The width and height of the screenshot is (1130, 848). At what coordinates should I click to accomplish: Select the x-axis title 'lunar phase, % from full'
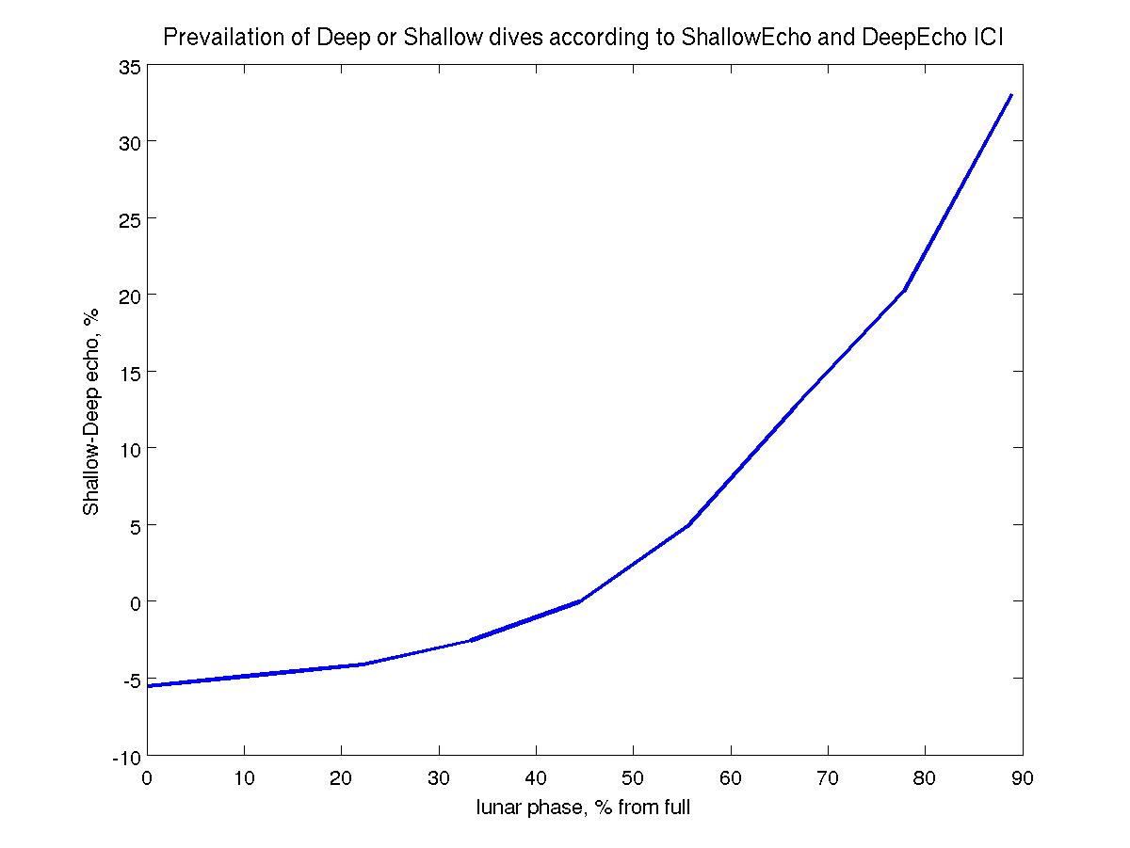[x=584, y=807]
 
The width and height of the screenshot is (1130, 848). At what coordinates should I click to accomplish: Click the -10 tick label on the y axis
[x=127, y=756]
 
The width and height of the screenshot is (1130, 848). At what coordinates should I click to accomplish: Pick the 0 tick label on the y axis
[x=136, y=601]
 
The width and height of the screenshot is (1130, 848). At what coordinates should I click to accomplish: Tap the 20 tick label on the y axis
[x=130, y=296]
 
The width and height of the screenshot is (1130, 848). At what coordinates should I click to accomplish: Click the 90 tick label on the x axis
[x=1023, y=777]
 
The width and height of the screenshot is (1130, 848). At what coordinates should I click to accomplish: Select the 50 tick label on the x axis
[x=633, y=777]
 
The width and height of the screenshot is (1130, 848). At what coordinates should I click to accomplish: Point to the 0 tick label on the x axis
[x=148, y=777]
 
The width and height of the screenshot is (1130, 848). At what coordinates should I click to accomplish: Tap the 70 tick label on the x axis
[x=828, y=777]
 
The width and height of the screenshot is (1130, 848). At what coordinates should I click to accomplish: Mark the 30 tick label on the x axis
[x=439, y=777]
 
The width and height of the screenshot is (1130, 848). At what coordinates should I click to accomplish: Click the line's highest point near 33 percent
[x=1010, y=95]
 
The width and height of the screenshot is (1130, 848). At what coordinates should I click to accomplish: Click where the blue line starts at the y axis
[x=149, y=686]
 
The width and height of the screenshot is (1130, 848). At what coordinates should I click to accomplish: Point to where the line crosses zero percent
[x=579, y=601]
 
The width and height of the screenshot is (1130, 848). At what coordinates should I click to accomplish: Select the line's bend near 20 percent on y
[x=904, y=290]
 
